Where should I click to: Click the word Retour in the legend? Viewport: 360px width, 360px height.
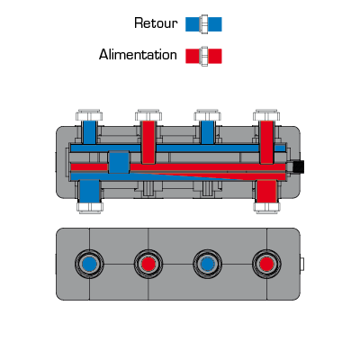(x=156, y=23)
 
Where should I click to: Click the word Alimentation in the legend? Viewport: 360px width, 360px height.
(x=138, y=55)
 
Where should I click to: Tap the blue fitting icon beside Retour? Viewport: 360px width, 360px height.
(x=203, y=24)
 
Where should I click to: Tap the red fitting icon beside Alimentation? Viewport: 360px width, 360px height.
(x=203, y=56)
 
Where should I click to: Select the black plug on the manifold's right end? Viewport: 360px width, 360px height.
(x=299, y=166)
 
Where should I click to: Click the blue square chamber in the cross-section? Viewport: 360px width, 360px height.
(x=119, y=162)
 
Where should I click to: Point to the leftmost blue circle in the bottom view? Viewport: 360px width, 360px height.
(x=89, y=265)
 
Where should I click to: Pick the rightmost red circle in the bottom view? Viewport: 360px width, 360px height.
(x=266, y=265)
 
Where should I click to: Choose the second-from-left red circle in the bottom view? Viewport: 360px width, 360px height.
(x=148, y=265)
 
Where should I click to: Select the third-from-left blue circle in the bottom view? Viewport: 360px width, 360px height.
(x=207, y=265)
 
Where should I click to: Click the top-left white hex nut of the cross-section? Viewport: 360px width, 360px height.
(x=89, y=115)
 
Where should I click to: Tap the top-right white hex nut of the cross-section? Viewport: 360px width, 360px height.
(x=266, y=115)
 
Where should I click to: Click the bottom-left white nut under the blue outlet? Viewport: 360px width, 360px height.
(x=90, y=208)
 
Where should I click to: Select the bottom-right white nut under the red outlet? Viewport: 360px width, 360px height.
(x=266, y=208)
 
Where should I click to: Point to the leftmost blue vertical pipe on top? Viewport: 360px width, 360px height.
(x=89, y=132)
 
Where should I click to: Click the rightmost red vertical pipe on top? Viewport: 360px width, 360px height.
(x=266, y=142)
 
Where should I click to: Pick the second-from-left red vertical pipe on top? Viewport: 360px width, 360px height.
(x=148, y=142)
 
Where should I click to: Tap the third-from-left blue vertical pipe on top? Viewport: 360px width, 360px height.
(x=207, y=132)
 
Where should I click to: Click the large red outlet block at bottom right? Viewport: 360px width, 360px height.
(x=266, y=192)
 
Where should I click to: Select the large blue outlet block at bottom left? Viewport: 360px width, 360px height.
(x=90, y=192)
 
